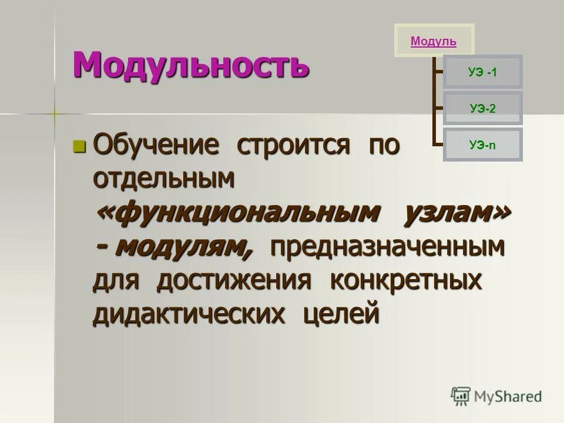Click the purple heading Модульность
[190, 64]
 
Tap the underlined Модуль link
[434, 41]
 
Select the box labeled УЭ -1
[482, 72]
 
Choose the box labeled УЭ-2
[482, 108]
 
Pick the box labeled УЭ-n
[482, 145]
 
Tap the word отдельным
[164, 179]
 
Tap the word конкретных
[405, 281]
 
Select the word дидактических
[189, 314]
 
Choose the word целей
[341, 314]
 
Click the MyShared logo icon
[461, 397]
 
